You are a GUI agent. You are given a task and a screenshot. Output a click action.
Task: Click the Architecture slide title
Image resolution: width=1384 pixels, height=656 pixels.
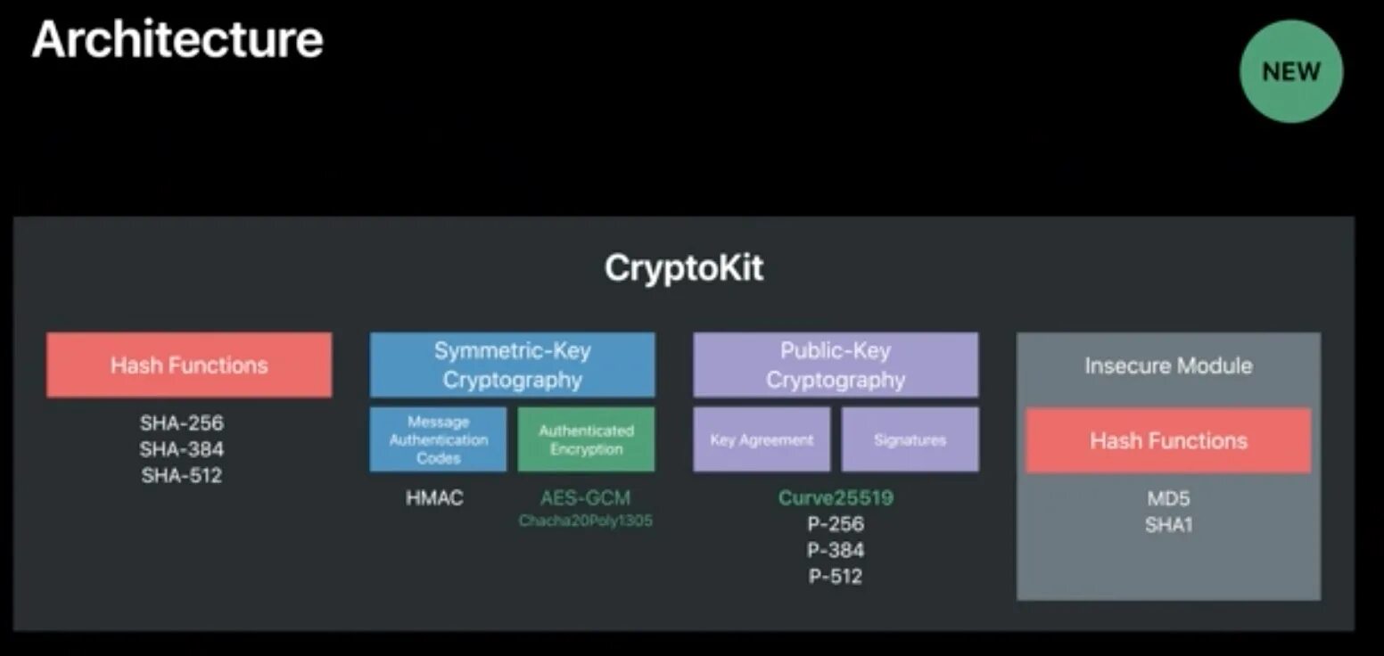[x=177, y=40]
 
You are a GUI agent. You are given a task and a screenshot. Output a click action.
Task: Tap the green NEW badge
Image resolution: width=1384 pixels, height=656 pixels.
[x=1290, y=71]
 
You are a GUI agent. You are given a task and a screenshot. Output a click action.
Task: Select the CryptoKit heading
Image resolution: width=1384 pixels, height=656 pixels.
[x=684, y=268]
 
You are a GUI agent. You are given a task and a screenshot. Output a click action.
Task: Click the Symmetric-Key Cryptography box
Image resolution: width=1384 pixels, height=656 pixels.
[x=512, y=365]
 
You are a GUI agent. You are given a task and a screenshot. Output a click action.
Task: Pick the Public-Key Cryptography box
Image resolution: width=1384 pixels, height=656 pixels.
[x=836, y=365]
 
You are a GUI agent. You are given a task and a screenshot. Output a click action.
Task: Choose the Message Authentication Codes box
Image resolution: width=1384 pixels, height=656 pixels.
[x=438, y=439]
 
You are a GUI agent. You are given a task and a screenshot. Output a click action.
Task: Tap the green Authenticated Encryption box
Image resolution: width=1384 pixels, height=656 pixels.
[x=586, y=439]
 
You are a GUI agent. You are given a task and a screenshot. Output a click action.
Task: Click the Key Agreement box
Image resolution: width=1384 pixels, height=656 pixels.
[x=762, y=439]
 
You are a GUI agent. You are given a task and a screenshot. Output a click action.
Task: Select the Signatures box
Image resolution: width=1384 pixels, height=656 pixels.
[x=910, y=439]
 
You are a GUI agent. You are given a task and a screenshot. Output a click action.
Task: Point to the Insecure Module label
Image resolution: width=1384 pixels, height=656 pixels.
[x=1168, y=365]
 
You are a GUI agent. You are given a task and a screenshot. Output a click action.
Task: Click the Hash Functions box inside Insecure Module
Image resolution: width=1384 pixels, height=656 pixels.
[x=1168, y=440]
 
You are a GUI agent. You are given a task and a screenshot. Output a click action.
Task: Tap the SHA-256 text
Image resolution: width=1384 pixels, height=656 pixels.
[x=182, y=422]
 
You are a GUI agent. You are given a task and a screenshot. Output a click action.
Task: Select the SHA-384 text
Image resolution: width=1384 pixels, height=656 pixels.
[x=182, y=448]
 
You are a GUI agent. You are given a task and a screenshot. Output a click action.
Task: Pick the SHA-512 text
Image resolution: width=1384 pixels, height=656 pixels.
[x=182, y=475]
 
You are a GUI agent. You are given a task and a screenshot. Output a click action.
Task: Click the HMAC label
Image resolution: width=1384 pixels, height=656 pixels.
[x=435, y=498]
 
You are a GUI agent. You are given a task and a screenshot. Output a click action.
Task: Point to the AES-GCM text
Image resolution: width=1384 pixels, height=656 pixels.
[x=586, y=497]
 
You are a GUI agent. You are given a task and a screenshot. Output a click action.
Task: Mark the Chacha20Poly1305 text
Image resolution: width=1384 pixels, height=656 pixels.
[x=586, y=520]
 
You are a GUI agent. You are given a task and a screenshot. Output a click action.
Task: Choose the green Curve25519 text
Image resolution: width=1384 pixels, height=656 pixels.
[x=836, y=497]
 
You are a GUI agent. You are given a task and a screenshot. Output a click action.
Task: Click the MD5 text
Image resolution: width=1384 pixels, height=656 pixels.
[x=1168, y=498]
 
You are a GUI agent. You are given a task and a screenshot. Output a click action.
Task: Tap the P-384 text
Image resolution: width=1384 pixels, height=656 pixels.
[x=836, y=550]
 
